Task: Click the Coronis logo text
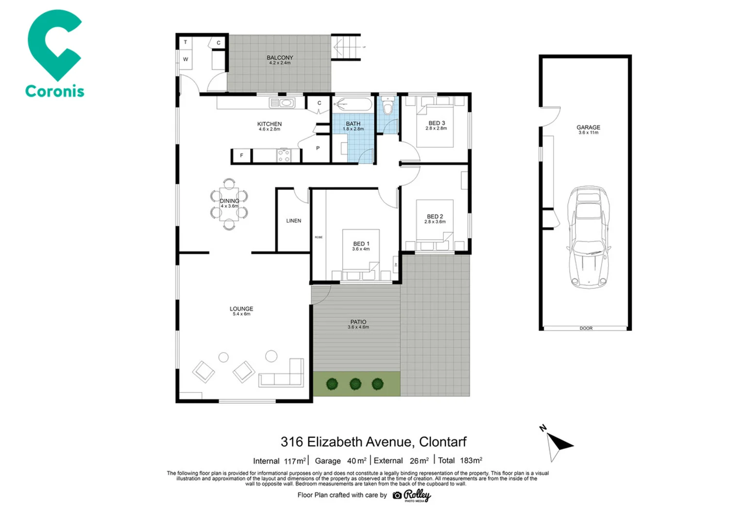(x=54, y=91)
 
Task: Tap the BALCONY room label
(x=280, y=58)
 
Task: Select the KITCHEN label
(x=269, y=124)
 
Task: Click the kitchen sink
(x=282, y=103)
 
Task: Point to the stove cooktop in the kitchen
(x=284, y=155)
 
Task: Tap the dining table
(x=229, y=204)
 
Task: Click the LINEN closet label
(x=293, y=221)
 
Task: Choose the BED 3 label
(x=436, y=123)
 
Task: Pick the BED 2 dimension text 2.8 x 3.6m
(x=435, y=222)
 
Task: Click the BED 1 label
(x=361, y=244)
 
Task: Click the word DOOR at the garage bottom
(x=586, y=328)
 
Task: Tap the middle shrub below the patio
(x=355, y=384)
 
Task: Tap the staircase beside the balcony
(x=346, y=47)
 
